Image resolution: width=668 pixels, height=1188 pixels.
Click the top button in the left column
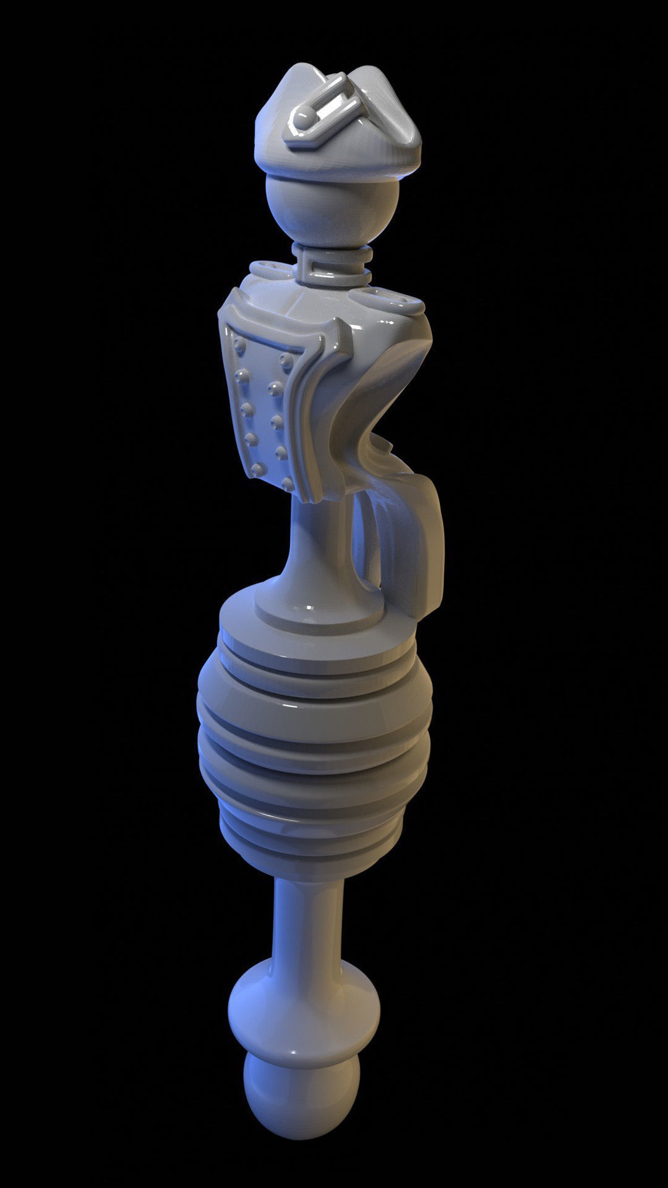(x=239, y=342)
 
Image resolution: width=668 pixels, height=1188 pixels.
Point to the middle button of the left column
(x=247, y=409)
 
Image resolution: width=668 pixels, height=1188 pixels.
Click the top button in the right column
(x=286, y=358)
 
